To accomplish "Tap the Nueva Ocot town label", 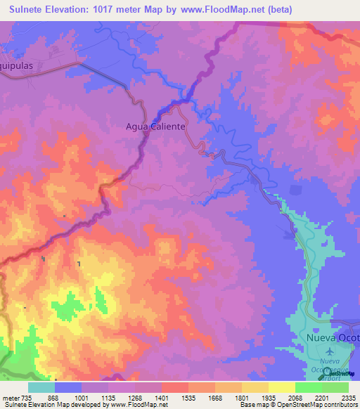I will point(333,337).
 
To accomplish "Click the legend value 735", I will point(26,397).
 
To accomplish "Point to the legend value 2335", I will point(348,397).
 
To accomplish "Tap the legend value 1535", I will point(188,397).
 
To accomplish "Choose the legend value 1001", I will point(81,397).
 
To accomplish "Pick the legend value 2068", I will point(295,397).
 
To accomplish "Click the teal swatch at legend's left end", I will point(41,387).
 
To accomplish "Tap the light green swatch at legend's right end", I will point(335,387).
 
